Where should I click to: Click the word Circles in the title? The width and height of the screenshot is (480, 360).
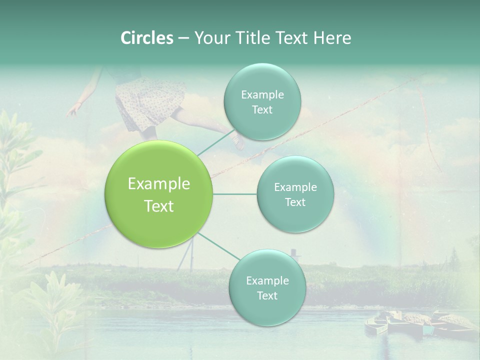tap(146, 37)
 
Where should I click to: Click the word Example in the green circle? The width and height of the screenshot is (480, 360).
tap(159, 184)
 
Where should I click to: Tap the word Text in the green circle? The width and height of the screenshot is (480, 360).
tap(159, 206)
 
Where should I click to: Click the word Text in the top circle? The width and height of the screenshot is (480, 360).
tap(261, 110)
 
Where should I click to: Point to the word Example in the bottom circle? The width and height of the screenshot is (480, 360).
tap(267, 280)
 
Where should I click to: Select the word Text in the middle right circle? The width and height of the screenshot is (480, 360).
tap(295, 202)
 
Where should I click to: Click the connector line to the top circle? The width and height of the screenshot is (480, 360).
tap(215, 142)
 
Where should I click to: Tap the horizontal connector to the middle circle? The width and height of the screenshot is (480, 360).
tap(235, 194)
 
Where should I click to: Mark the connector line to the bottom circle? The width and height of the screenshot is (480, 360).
tap(218, 246)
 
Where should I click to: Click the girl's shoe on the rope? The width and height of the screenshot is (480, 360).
tap(238, 142)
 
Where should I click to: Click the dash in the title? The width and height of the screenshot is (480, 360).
tap(183, 38)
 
